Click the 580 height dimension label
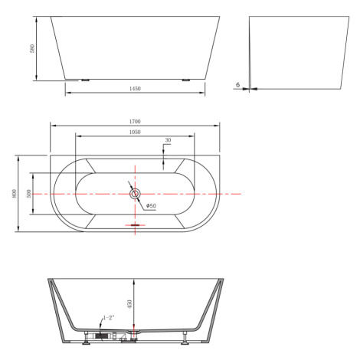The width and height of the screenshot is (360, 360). (32, 48)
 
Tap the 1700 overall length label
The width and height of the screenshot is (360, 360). (135, 122)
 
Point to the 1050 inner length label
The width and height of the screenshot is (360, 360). (135, 132)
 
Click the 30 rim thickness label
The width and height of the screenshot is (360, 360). (168, 140)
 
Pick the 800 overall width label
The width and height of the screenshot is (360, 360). (14, 193)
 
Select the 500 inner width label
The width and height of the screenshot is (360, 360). (28, 194)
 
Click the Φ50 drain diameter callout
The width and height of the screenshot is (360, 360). (151, 206)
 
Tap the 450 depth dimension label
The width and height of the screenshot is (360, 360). (129, 304)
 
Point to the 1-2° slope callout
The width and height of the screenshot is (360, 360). (109, 318)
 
